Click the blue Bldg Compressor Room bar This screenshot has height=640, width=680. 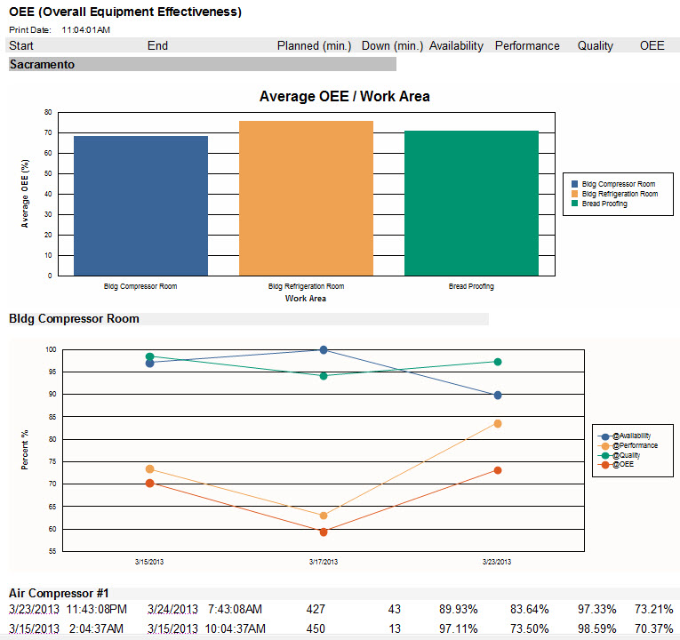tap(140, 205)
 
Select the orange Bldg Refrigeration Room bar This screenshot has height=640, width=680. tap(306, 197)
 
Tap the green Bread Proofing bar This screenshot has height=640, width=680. tap(471, 203)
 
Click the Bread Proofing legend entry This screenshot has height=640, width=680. tap(604, 204)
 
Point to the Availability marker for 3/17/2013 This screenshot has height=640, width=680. tap(324, 350)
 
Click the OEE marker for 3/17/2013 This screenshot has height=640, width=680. tap(324, 532)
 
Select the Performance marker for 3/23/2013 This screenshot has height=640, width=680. tap(498, 424)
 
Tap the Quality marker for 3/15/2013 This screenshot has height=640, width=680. tap(149, 356)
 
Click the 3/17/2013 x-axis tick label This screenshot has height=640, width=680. tap(324, 562)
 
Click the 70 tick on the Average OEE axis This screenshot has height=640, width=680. tap(46, 132)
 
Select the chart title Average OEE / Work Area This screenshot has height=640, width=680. tap(344, 96)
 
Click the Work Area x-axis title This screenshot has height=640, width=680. tap(305, 299)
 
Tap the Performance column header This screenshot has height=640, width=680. tap(527, 45)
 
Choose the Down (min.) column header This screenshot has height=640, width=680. tap(392, 45)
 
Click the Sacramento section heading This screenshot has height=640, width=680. tap(42, 64)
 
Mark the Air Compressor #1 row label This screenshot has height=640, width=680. tap(58, 593)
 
